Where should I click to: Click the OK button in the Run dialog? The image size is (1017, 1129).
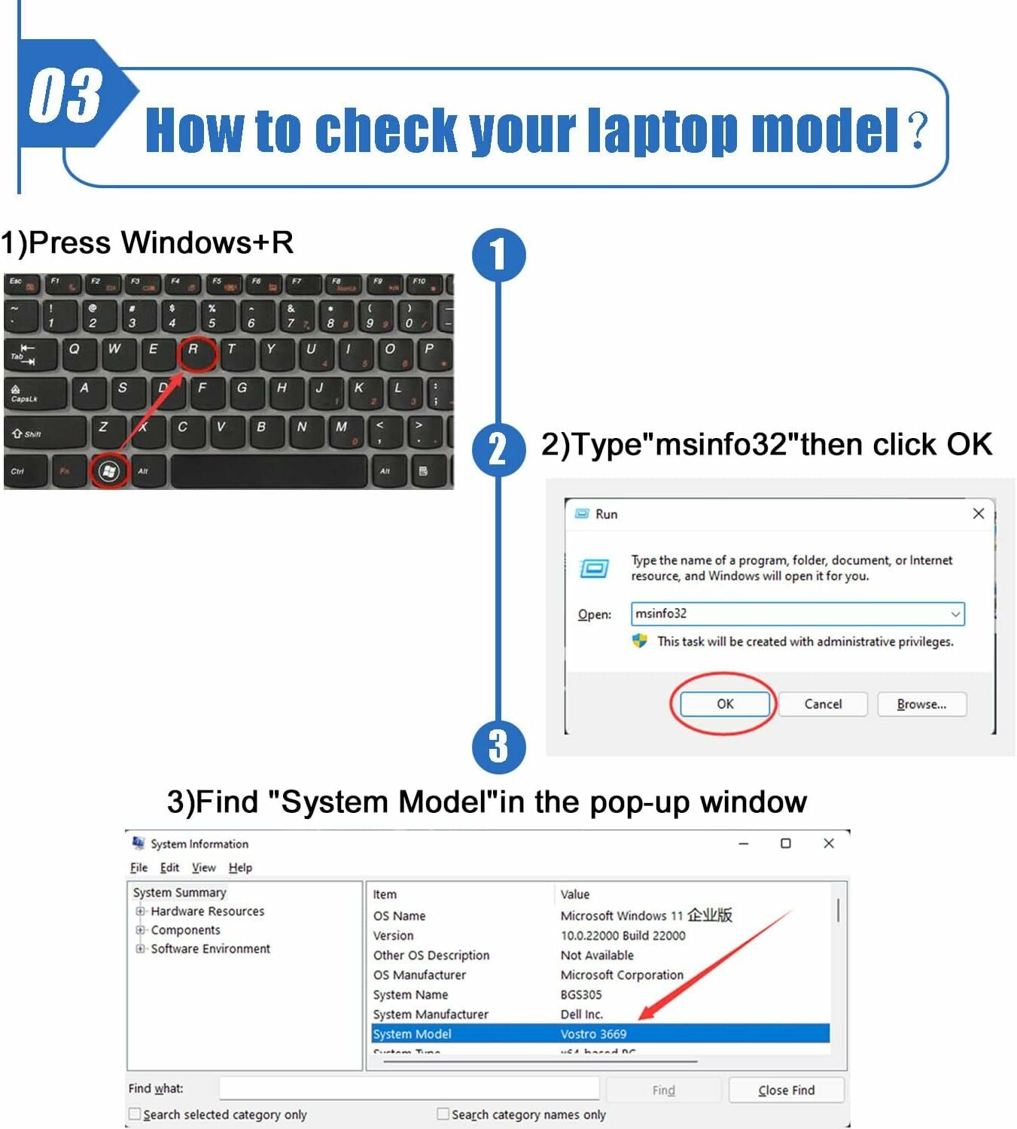tap(725, 704)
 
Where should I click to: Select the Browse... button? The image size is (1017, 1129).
tap(921, 704)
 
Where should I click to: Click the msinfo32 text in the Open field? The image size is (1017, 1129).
tap(661, 613)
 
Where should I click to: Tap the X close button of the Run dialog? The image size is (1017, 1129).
tap(978, 513)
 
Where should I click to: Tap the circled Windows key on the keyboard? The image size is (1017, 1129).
tap(109, 471)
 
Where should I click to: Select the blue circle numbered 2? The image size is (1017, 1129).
tap(498, 449)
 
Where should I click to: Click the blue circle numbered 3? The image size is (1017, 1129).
tap(498, 747)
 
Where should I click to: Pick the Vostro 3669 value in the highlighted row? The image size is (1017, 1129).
tap(593, 1034)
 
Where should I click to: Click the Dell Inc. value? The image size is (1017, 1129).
tap(581, 1015)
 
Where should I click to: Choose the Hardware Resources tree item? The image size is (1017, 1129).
tap(207, 911)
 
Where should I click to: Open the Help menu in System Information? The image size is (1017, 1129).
tap(240, 868)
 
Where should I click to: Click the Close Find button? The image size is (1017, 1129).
tap(786, 1090)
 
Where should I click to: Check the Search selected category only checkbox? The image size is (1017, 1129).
tap(135, 1114)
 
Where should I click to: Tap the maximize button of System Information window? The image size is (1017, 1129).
tap(785, 844)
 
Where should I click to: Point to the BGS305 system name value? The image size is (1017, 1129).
tap(580, 995)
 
